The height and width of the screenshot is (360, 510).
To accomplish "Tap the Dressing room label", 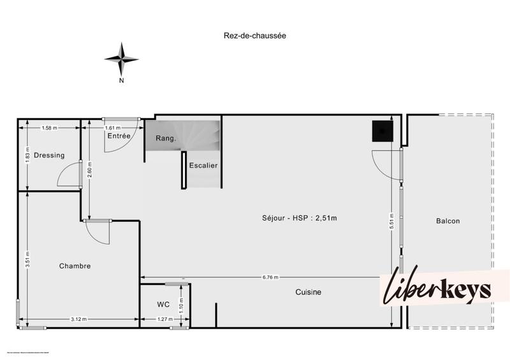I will point(49,155).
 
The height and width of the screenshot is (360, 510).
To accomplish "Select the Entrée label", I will point(119,136).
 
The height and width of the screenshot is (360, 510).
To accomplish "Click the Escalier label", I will point(203,166).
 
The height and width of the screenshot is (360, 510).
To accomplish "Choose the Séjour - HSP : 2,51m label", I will point(299,219).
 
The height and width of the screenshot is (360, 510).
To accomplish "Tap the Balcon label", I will point(448,221).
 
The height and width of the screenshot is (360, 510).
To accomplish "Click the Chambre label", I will point(75,266).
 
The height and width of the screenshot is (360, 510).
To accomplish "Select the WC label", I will point(163,305).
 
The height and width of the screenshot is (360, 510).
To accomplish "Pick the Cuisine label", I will point(308,292).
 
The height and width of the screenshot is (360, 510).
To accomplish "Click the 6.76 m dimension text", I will point(270,278).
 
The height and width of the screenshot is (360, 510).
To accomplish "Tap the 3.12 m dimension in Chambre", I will point(78,319).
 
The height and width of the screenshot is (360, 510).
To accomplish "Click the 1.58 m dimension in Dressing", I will point(49,128).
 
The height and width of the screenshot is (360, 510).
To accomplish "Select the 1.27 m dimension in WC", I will point(164,319).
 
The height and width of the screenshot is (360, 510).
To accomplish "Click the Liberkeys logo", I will point(437,288).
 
